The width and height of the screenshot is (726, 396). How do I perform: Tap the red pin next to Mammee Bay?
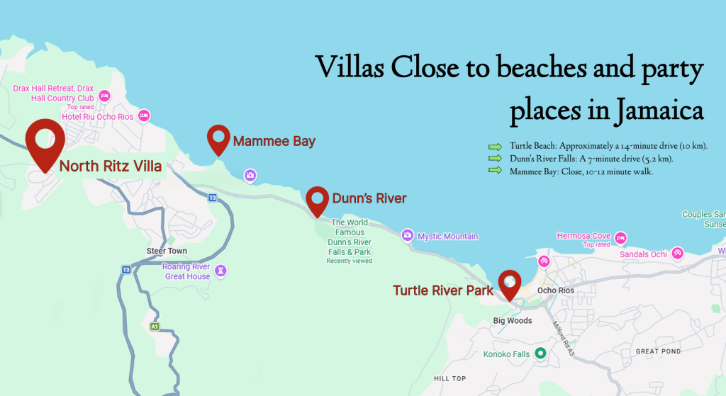tap(218, 139)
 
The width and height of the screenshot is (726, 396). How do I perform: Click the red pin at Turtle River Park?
tap(508, 283)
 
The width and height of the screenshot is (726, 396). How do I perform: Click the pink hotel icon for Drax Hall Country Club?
tap(105, 96)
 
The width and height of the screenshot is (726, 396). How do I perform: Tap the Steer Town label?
tap(167, 251)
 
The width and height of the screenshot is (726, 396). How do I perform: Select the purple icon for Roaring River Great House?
tap(221, 271)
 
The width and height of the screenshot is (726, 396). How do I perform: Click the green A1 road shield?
tap(155, 327)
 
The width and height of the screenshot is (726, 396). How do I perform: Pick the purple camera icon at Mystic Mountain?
tap(407, 235)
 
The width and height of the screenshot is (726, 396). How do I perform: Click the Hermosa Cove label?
tap(583, 236)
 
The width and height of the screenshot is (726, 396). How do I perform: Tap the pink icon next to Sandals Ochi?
tap(677, 253)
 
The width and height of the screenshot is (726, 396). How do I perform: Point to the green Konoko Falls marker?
tap(540, 353)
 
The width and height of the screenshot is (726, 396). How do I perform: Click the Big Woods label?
tap(513, 321)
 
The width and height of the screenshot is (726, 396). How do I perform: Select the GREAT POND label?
tap(658, 351)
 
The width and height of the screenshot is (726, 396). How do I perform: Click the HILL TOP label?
tap(450, 379)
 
